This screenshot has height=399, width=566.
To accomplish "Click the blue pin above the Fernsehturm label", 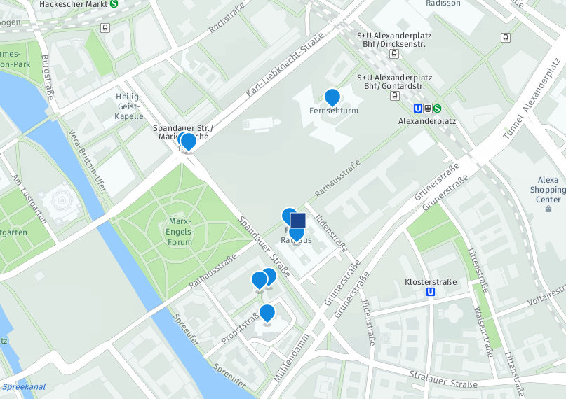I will click(x=332, y=97).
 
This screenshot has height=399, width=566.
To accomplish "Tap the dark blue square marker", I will click(x=298, y=221).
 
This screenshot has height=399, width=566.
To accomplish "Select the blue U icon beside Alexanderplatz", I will click(x=418, y=108).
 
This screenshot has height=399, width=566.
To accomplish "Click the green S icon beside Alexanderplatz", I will click(x=437, y=108).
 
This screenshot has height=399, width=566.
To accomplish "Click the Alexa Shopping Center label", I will click(x=548, y=190).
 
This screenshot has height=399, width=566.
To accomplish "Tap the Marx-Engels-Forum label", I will click(x=180, y=232).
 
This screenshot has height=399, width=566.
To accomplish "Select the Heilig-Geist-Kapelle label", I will click(x=129, y=106).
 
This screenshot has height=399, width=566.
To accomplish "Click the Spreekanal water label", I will click(x=23, y=387).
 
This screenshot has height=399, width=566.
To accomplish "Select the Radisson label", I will click(x=443, y=3).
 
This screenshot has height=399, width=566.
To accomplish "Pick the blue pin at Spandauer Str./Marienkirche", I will click(x=188, y=141).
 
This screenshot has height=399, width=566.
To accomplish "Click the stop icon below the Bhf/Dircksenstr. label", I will click(x=395, y=53).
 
